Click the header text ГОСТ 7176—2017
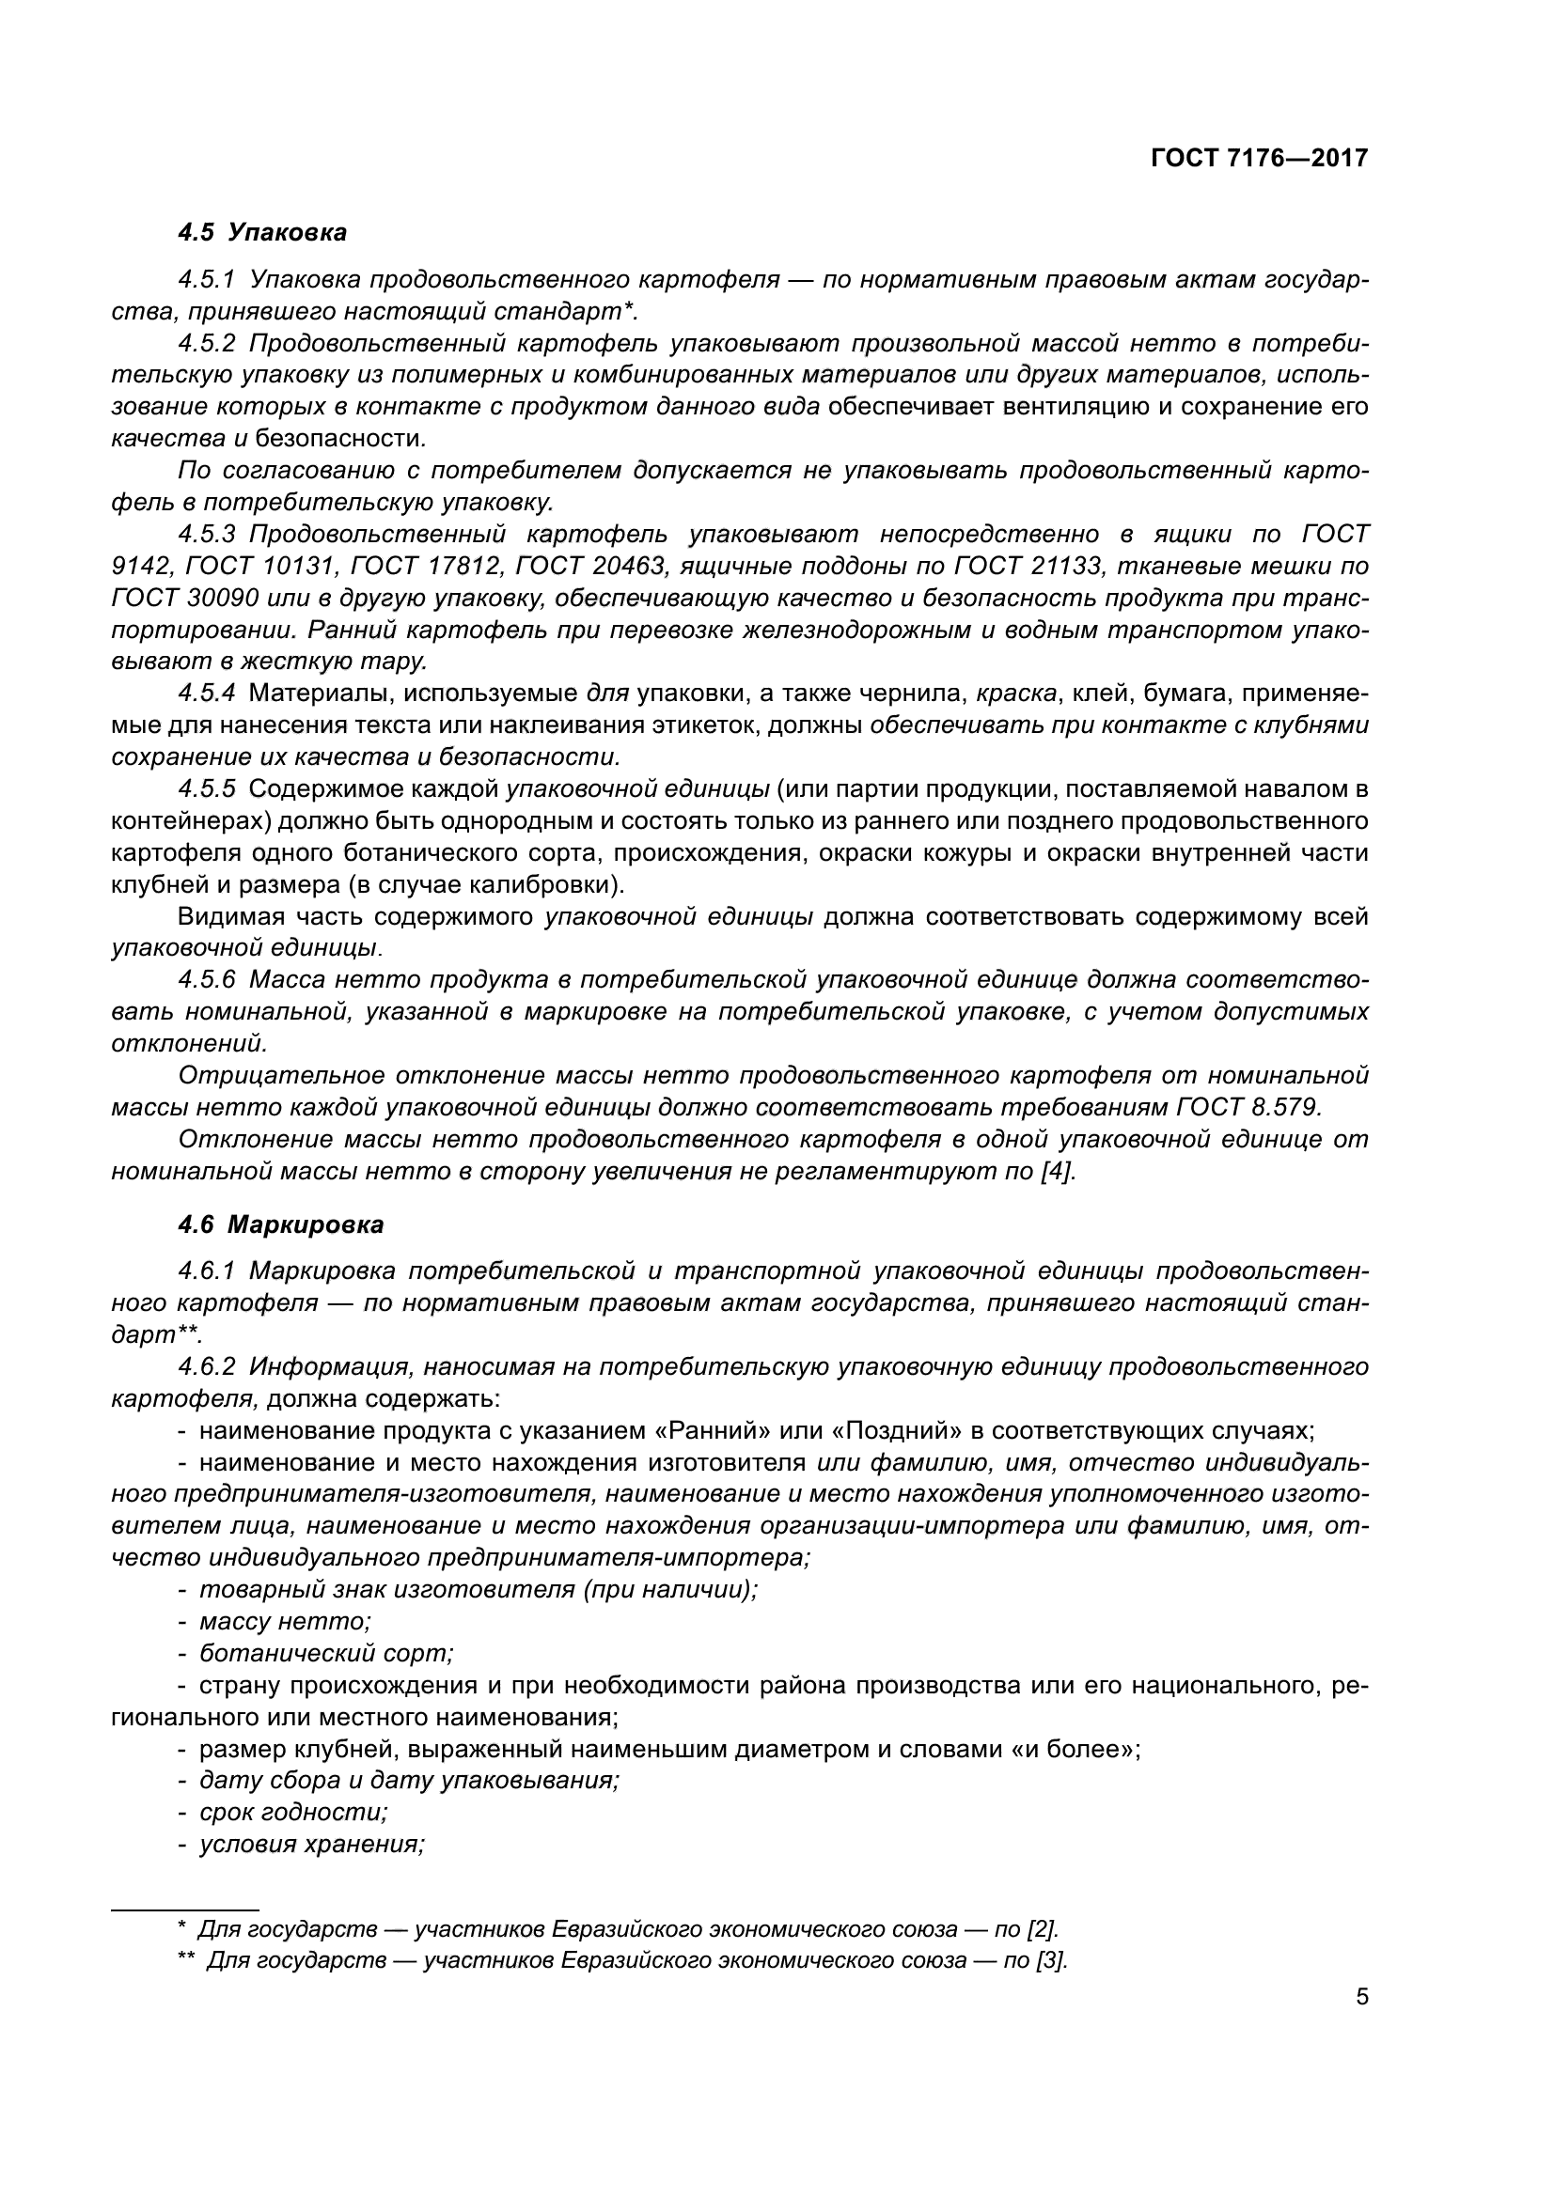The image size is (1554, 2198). coord(1258,158)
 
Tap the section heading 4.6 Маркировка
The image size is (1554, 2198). coord(280,1224)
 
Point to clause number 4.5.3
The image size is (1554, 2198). coord(207,534)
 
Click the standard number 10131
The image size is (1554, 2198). coord(290,566)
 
